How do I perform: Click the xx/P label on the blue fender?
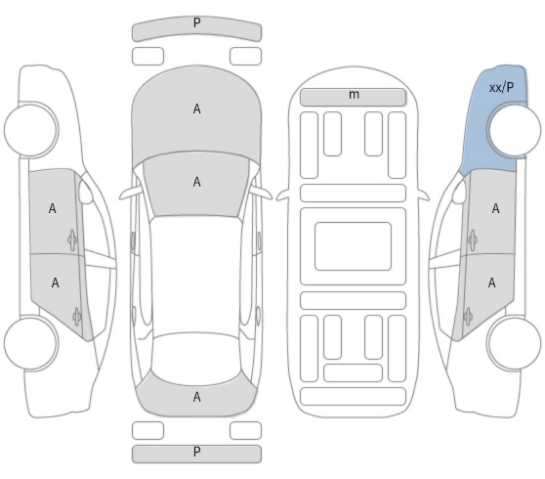pyautogui.click(x=501, y=88)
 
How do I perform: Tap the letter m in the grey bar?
pyautogui.click(x=354, y=94)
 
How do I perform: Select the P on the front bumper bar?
pyautogui.click(x=196, y=22)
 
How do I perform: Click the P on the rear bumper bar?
pyautogui.click(x=196, y=452)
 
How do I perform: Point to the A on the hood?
pyautogui.click(x=196, y=109)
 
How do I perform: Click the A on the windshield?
pyautogui.click(x=196, y=182)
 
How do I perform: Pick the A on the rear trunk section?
pyautogui.click(x=196, y=397)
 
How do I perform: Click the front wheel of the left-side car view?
pyautogui.click(x=31, y=129)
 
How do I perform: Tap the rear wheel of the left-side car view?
pyautogui.click(x=31, y=343)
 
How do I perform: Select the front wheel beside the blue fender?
pyautogui.click(x=515, y=129)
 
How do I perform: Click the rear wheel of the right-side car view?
pyautogui.click(x=515, y=343)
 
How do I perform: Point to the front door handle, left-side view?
pyautogui.click(x=72, y=239)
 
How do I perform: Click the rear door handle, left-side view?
pyautogui.click(x=77, y=317)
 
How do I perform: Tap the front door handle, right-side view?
pyautogui.click(x=473, y=239)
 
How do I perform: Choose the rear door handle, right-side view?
pyautogui.click(x=468, y=317)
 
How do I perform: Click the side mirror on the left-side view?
pyautogui.click(x=86, y=192)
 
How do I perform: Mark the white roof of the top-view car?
pyautogui.click(x=196, y=275)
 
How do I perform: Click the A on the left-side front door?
pyautogui.click(x=52, y=209)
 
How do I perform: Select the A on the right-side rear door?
pyautogui.click(x=491, y=283)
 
